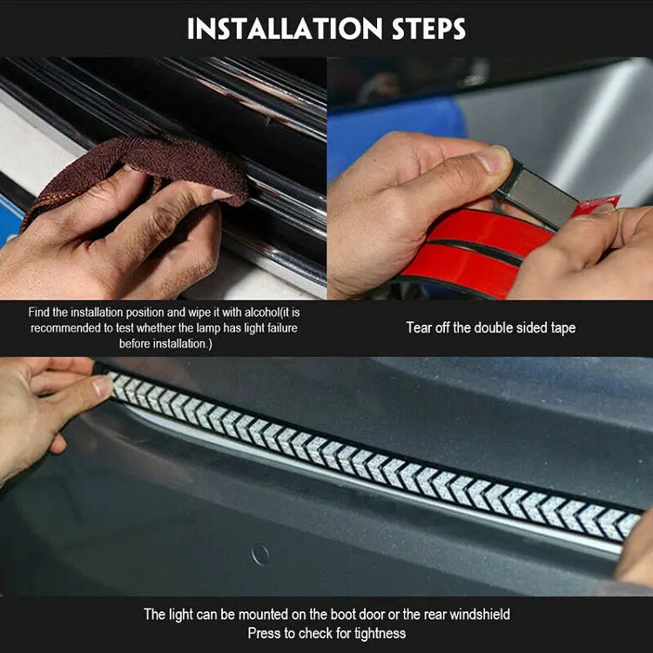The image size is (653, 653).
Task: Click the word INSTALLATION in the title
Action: (x=285, y=29)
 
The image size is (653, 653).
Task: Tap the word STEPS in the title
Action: (x=429, y=29)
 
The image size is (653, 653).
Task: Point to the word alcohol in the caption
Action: (x=260, y=313)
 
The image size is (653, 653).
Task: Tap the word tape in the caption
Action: (x=563, y=328)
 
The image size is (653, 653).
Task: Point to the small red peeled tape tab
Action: (x=596, y=205)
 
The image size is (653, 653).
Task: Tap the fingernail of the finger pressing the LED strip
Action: (x=101, y=387)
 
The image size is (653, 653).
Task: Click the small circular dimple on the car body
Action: (x=259, y=555)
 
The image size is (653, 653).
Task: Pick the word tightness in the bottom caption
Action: (x=380, y=634)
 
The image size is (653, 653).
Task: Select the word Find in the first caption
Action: (x=38, y=313)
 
